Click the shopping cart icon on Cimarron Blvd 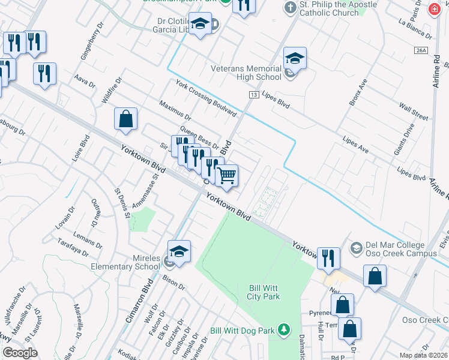226,175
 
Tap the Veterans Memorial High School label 246,72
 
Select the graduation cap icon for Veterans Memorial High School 295,59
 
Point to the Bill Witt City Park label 264,292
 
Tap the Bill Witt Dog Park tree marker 285,329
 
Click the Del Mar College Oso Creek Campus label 400,249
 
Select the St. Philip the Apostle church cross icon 291,8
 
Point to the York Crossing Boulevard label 206,98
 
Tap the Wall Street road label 414,110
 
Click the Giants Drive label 404,139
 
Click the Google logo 20,353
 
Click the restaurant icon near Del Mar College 328,258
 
